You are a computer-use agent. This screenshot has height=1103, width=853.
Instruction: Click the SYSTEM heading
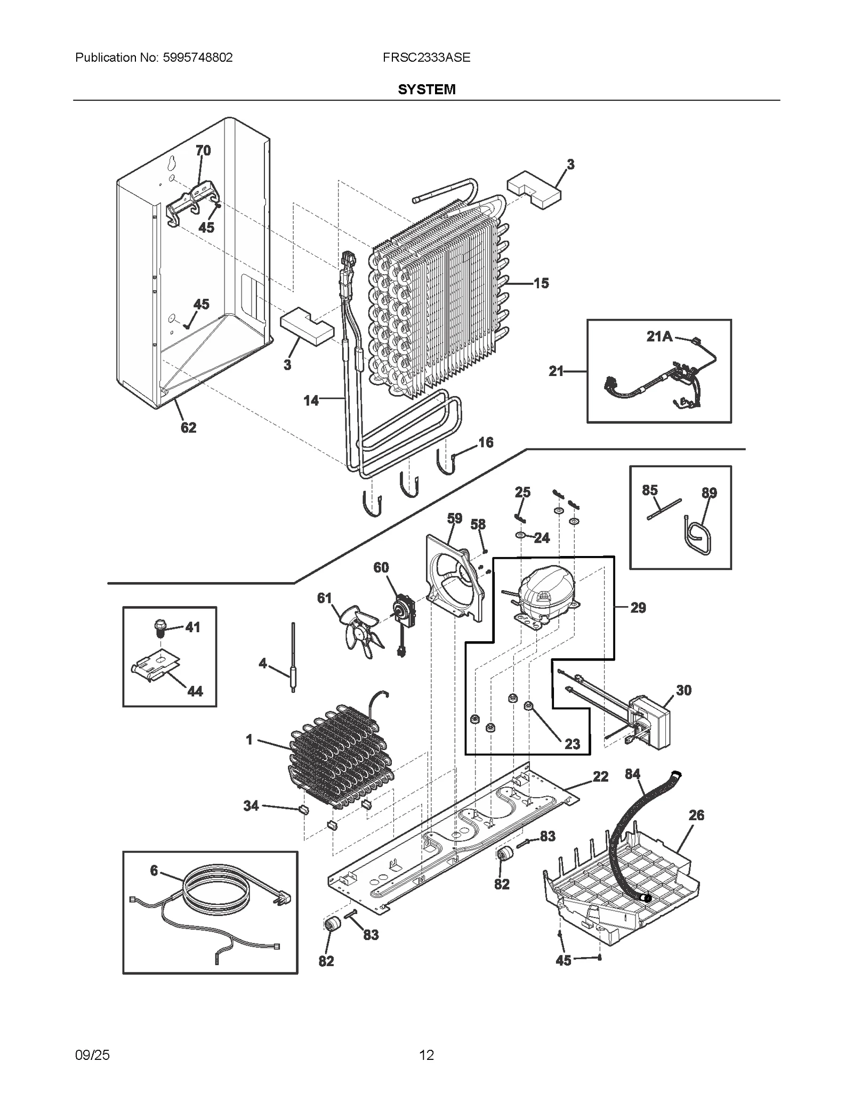(x=426, y=89)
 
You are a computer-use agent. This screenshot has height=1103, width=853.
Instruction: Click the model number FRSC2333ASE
(x=426, y=58)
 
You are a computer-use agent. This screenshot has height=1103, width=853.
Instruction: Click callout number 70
(x=203, y=151)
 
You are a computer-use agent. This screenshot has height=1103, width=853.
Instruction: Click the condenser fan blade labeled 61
(x=360, y=630)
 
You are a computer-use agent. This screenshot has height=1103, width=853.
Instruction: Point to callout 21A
(x=659, y=337)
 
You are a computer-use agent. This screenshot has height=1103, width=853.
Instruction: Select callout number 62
(x=188, y=428)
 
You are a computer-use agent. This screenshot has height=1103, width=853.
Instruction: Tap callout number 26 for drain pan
(x=696, y=815)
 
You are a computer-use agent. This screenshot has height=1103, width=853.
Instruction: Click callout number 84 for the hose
(x=632, y=774)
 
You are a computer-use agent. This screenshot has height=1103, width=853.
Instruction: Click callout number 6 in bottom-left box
(x=154, y=871)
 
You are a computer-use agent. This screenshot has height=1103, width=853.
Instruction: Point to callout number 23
(x=572, y=744)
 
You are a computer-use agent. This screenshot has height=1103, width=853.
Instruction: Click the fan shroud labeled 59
(x=456, y=578)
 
